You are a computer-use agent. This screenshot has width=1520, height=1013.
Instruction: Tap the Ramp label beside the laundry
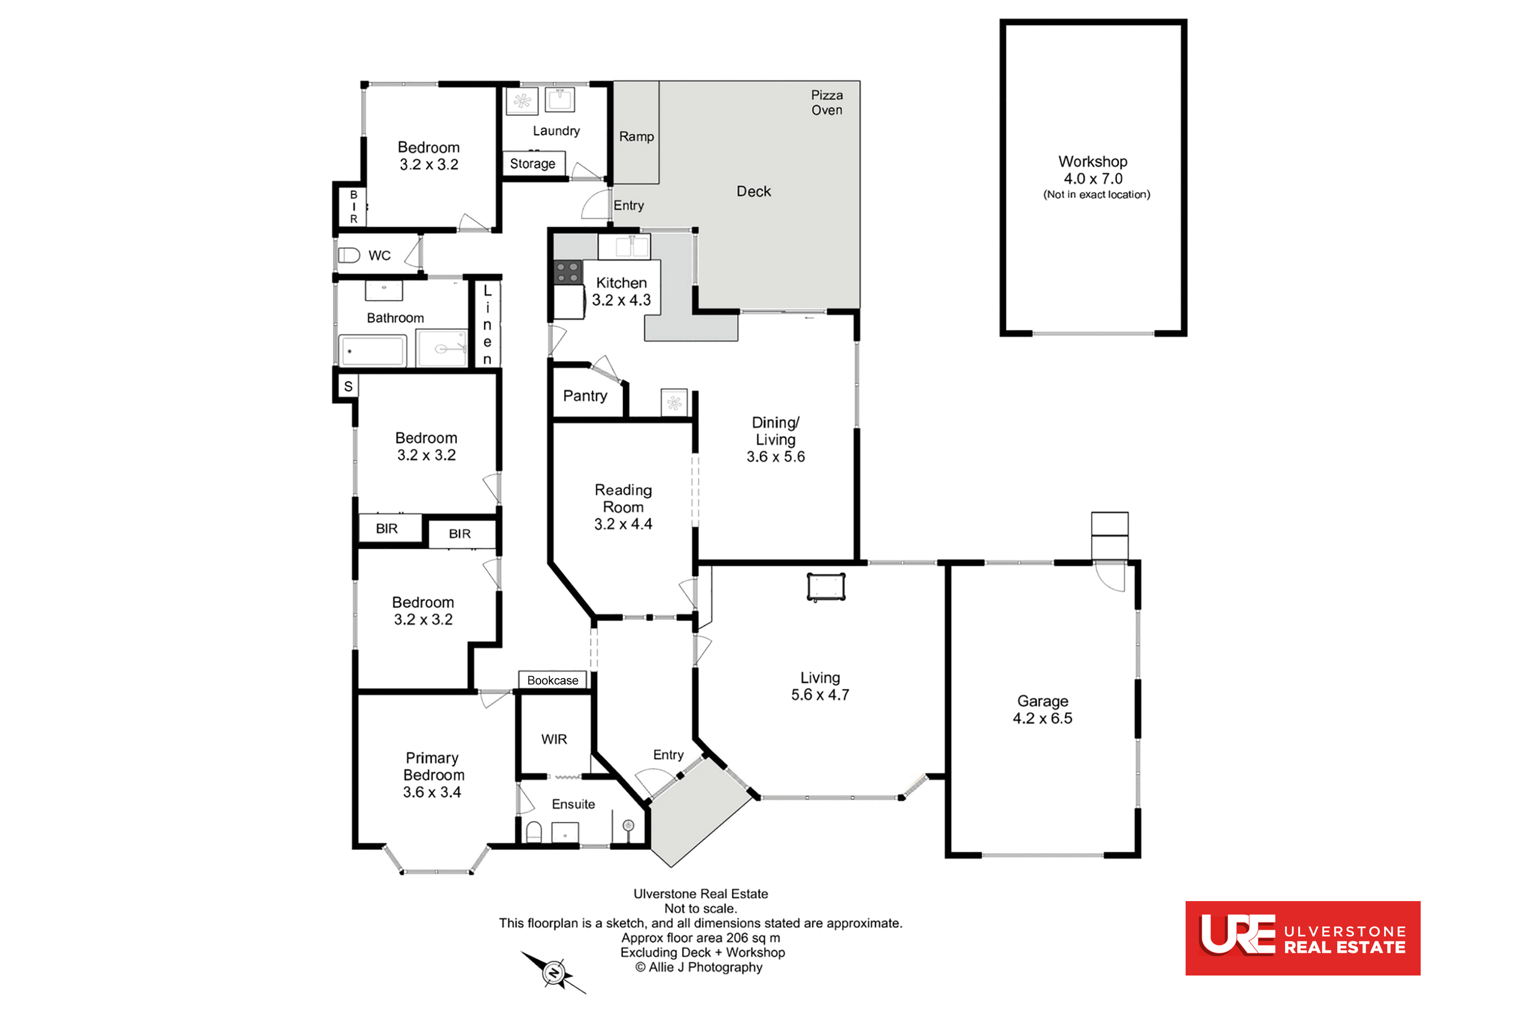pyautogui.click(x=636, y=136)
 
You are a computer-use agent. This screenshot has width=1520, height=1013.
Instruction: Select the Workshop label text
pyautogui.click(x=1093, y=162)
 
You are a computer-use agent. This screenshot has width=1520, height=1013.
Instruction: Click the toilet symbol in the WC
pyautogui.click(x=349, y=255)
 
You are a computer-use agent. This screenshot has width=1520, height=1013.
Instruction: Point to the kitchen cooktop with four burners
pyautogui.click(x=567, y=272)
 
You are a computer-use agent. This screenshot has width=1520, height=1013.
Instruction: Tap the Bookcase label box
pyautogui.click(x=553, y=680)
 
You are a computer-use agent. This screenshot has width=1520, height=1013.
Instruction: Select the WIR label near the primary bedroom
pyautogui.click(x=554, y=739)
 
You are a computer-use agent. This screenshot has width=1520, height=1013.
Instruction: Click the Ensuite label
pyautogui.click(x=573, y=804)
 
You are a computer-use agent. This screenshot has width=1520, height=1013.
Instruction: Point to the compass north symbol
pyautogui.click(x=554, y=971)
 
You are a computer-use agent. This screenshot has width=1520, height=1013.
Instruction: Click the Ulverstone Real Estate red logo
pyautogui.click(x=1302, y=938)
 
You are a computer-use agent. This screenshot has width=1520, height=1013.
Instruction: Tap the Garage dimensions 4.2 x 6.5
pyautogui.click(x=1042, y=718)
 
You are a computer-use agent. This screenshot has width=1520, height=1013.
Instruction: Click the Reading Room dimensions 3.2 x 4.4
pyautogui.click(x=623, y=524)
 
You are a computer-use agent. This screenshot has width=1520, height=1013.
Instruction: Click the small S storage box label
pyautogui.click(x=349, y=386)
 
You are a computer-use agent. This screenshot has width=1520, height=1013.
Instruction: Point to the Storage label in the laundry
pyautogui.click(x=533, y=164)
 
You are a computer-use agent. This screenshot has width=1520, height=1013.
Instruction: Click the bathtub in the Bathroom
pyautogui.click(x=373, y=351)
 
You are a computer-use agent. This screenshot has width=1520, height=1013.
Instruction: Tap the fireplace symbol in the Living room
pyautogui.click(x=826, y=587)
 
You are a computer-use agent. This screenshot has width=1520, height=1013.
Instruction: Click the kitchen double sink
pyautogui.click(x=624, y=246)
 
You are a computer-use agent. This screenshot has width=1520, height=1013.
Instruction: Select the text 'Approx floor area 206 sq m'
pyautogui.click(x=701, y=938)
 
